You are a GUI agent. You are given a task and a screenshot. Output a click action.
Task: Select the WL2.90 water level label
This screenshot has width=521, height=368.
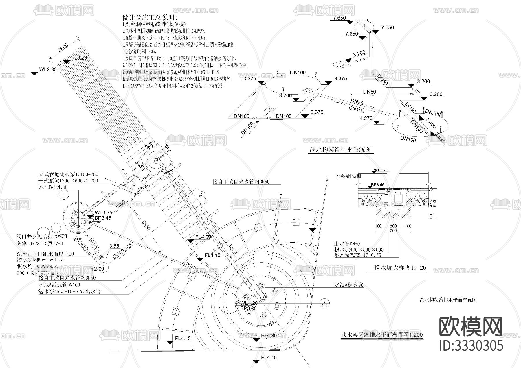48,69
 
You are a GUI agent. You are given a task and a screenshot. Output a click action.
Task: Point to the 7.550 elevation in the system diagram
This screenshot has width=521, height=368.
387,28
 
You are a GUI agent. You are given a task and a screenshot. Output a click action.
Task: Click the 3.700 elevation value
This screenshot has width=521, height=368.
285,95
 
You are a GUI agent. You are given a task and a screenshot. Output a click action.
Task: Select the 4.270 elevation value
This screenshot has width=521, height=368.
366,118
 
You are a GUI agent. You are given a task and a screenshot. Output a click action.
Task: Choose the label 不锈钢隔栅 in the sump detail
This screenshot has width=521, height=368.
348,176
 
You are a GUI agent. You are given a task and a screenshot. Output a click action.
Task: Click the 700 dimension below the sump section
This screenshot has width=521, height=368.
393,231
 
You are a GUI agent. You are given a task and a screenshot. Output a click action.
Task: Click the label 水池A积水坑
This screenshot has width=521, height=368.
348,285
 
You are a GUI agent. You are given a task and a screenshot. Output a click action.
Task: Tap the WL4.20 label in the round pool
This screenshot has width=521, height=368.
249,303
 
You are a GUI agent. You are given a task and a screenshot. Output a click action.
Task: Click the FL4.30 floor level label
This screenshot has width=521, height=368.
269,336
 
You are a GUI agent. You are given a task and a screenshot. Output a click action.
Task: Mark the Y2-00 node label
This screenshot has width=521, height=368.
97,269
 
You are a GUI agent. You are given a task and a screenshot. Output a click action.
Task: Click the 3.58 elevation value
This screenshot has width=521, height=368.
114,246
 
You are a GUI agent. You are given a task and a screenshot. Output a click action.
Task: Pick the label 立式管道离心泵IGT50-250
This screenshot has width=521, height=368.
69,175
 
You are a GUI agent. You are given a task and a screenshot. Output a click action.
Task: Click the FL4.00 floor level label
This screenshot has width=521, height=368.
203,237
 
